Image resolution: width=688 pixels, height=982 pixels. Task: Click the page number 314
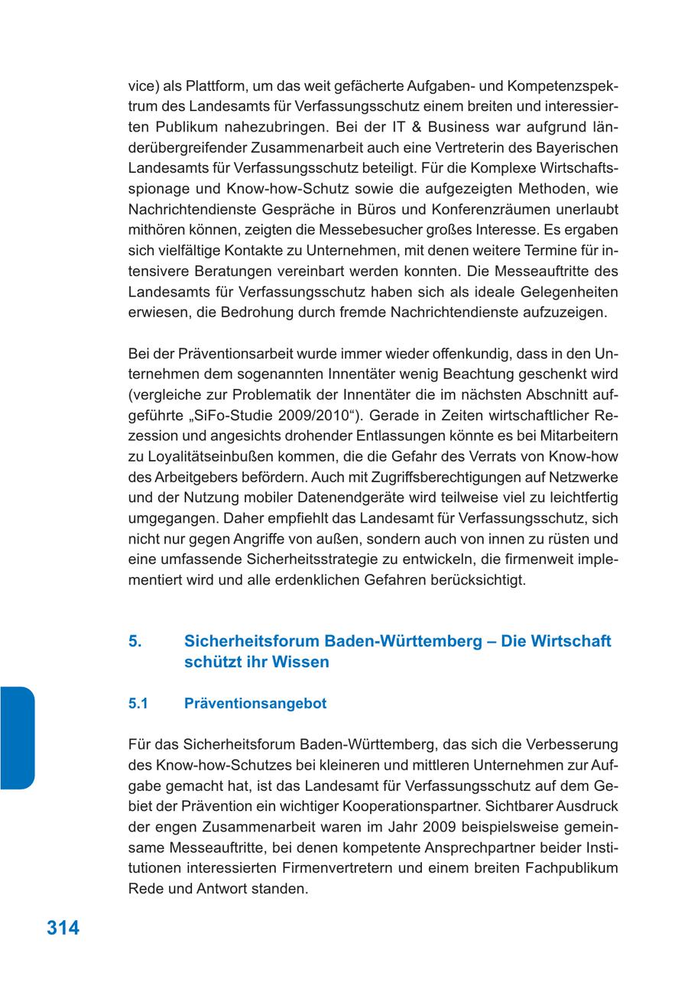tap(63, 928)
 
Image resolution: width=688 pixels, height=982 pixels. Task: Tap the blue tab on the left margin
tap(17, 737)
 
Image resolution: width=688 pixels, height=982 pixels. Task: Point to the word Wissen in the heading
tap(300, 663)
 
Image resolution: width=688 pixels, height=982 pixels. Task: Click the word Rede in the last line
tap(144, 889)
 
